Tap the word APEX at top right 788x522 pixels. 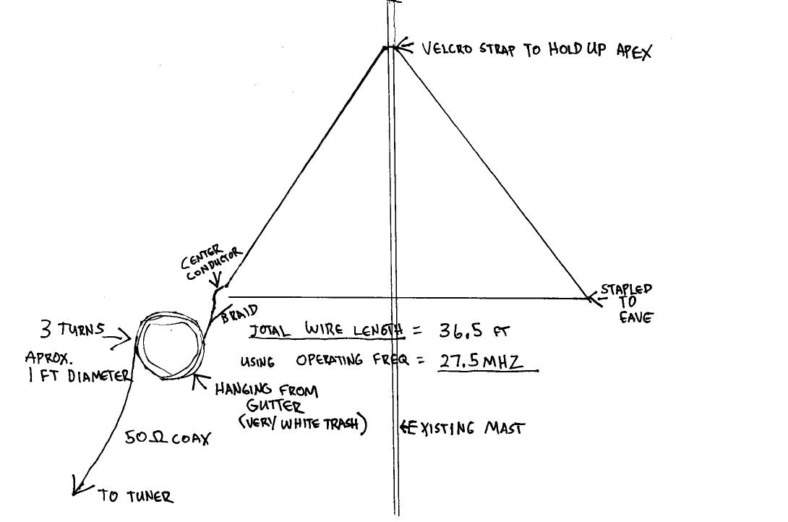tap(633, 51)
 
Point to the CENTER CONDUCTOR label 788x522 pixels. tap(210, 263)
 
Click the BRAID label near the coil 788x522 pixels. tap(240, 315)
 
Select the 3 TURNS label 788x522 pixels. tap(72, 330)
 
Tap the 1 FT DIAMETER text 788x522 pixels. tap(80, 375)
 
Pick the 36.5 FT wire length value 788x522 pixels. tap(474, 331)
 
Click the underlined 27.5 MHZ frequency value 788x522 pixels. tap(481, 361)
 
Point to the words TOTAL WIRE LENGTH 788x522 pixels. tap(325, 330)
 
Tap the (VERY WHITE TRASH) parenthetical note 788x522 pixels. tap(304, 424)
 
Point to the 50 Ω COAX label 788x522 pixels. tap(167, 437)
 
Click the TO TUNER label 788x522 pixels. tap(136, 496)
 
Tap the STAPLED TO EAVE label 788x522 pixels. tap(626, 301)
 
